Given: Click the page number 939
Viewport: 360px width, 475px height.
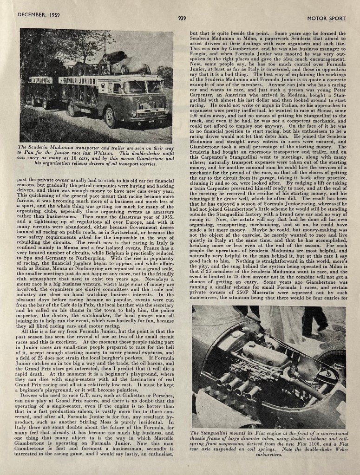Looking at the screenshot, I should (x=182, y=18).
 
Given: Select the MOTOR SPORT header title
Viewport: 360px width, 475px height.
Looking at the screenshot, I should (x=327, y=18).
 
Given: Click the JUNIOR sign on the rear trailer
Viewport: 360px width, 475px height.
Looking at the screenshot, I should (x=40, y=80).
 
